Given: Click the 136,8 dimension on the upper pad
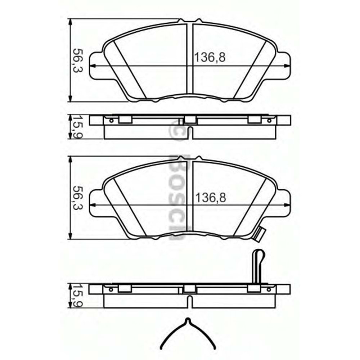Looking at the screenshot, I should coord(210,57).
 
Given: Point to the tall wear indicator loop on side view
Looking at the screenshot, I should coord(258,265).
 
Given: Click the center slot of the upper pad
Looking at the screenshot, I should coord(190,59).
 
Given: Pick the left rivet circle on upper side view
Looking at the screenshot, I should coord(111,120).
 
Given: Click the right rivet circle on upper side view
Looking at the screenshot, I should coord(269,120).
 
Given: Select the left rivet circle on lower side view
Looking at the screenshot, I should coord(111,289).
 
